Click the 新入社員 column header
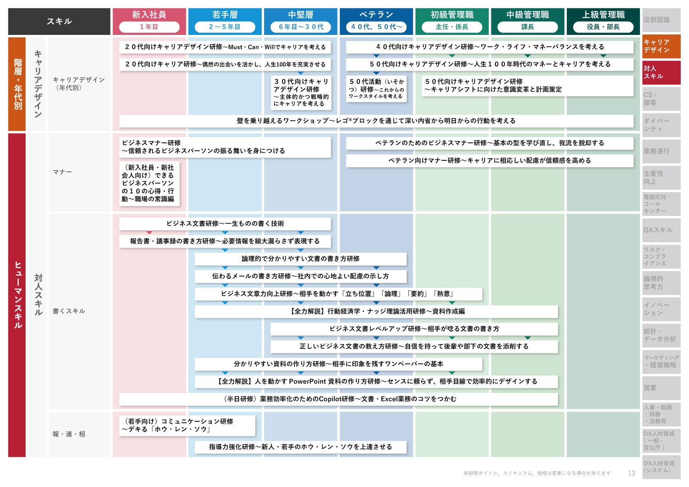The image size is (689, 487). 149,21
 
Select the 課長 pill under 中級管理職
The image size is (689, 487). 527,27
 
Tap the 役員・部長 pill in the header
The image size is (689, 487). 603,27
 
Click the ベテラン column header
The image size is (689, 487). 376,21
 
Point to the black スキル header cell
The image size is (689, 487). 59,21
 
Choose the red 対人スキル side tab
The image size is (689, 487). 661,72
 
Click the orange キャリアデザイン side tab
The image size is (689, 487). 661,46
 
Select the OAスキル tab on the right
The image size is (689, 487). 661,230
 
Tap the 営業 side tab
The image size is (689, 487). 661,388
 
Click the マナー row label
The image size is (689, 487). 62,172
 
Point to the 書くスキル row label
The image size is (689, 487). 68,311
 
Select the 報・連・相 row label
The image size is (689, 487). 68,434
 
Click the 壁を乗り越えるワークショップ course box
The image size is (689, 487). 376,121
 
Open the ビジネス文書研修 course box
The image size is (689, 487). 225,224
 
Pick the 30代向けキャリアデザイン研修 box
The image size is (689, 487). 301,92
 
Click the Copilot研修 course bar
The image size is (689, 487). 339,399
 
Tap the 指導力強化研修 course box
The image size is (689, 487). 300,447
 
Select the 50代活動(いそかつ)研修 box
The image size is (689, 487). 376,89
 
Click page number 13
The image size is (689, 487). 632,473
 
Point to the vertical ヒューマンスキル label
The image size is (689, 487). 18,294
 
